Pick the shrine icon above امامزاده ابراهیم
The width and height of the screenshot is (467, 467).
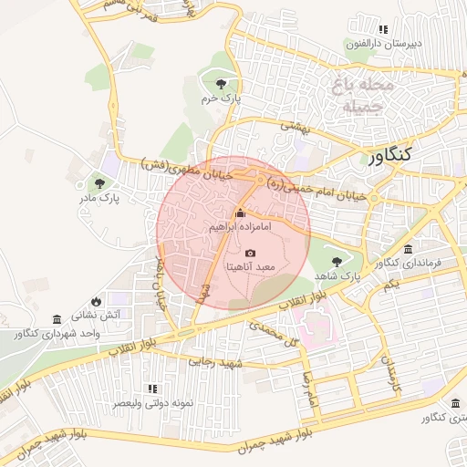click(x=241, y=212)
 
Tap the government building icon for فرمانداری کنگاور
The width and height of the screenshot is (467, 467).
click(x=407, y=250)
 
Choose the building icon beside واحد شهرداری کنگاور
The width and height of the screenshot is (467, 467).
click(x=57, y=320)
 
